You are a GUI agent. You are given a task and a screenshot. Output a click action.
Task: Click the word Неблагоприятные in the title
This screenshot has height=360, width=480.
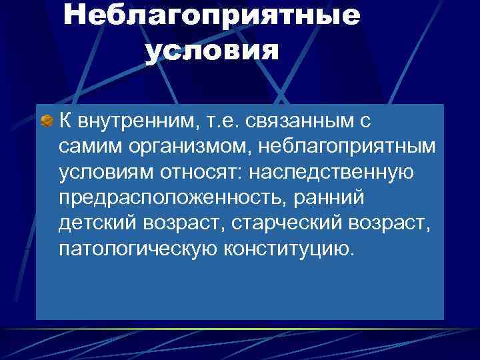click(211, 17)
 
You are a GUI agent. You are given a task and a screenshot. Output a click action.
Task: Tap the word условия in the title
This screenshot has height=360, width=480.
click(210, 50)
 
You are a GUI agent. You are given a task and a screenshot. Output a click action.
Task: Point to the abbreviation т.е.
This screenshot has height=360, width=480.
click(215, 122)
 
